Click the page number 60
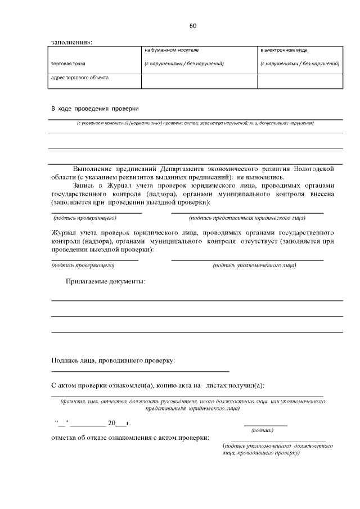pyautogui.click(x=193, y=26)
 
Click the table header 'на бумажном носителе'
pyautogui.click(x=171, y=50)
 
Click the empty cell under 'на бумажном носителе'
pyautogui.click(x=199, y=81)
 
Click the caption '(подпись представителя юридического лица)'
pyautogui.click(x=247, y=217)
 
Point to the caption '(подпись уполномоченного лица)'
pyautogui.click(x=254, y=265)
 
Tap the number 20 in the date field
pyautogui.click(x=111, y=422)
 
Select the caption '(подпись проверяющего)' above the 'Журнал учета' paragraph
pyautogui.click(x=84, y=217)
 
